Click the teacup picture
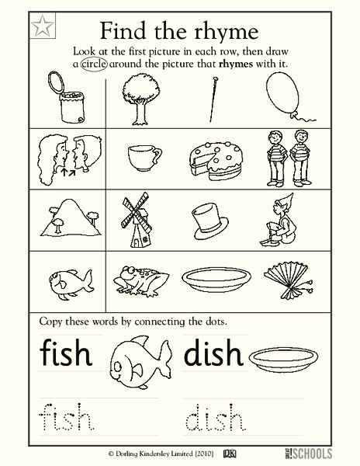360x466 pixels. coord(143,159)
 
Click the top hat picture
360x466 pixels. coord(209,214)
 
